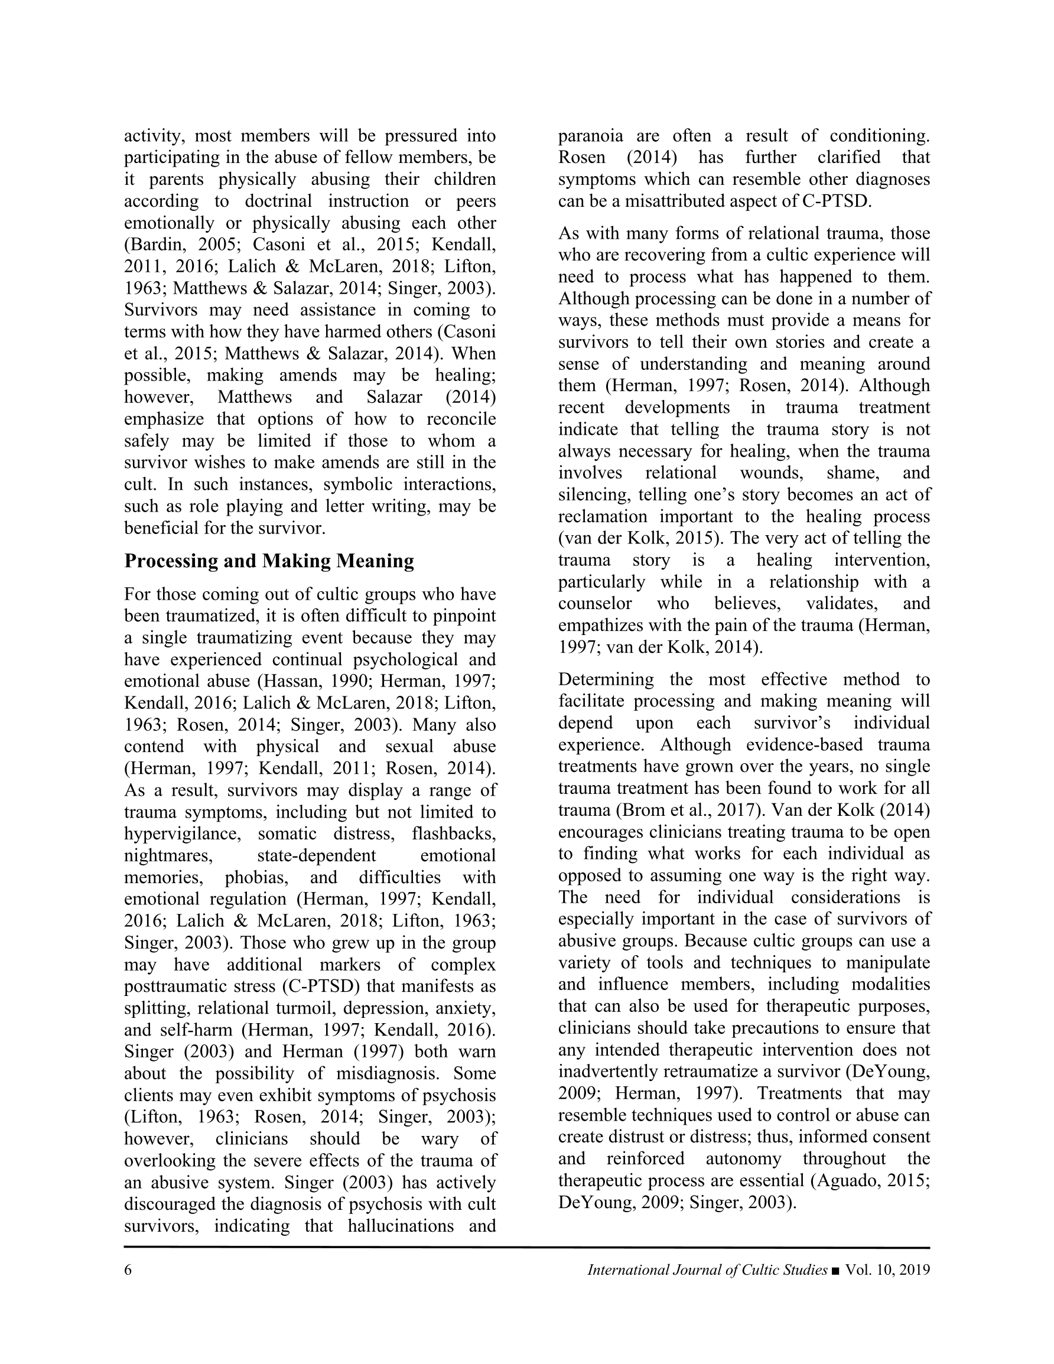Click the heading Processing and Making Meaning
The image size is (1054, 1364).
tap(269, 561)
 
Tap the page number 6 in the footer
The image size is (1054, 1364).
tap(128, 1269)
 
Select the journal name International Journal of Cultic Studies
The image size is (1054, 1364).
tap(707, 1269)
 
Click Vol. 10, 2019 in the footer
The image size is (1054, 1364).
tap(887, 1269)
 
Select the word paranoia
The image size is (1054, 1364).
tap(590, 136)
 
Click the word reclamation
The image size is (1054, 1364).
tap(602, 516)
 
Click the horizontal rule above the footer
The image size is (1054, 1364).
tap(526, 1248)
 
